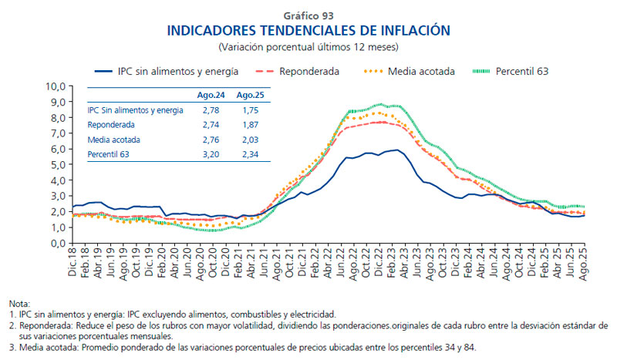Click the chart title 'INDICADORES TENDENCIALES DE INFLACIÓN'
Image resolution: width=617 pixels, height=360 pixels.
coord(308,30)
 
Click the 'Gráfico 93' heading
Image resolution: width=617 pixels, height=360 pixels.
coord(308,15)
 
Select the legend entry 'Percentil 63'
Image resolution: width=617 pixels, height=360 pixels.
coord(521,71)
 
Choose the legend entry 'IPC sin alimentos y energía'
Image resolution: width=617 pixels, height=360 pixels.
coord(177,71)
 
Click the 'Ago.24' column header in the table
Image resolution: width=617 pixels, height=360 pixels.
coord(210,96)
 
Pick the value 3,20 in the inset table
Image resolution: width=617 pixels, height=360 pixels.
coord(210,153)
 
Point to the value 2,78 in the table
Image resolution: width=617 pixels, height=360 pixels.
coord(210,110)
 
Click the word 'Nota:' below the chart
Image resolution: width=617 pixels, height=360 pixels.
coord(19,304)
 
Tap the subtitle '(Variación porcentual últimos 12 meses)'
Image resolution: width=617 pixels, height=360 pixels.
coord(308,46)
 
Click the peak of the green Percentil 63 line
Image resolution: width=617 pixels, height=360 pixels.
coord(379,104)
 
